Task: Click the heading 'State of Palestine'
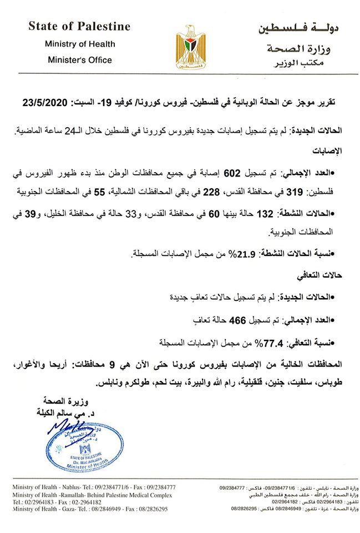[79, 27]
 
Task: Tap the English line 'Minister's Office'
[80, 60]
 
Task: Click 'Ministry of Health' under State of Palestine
[80, 44]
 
